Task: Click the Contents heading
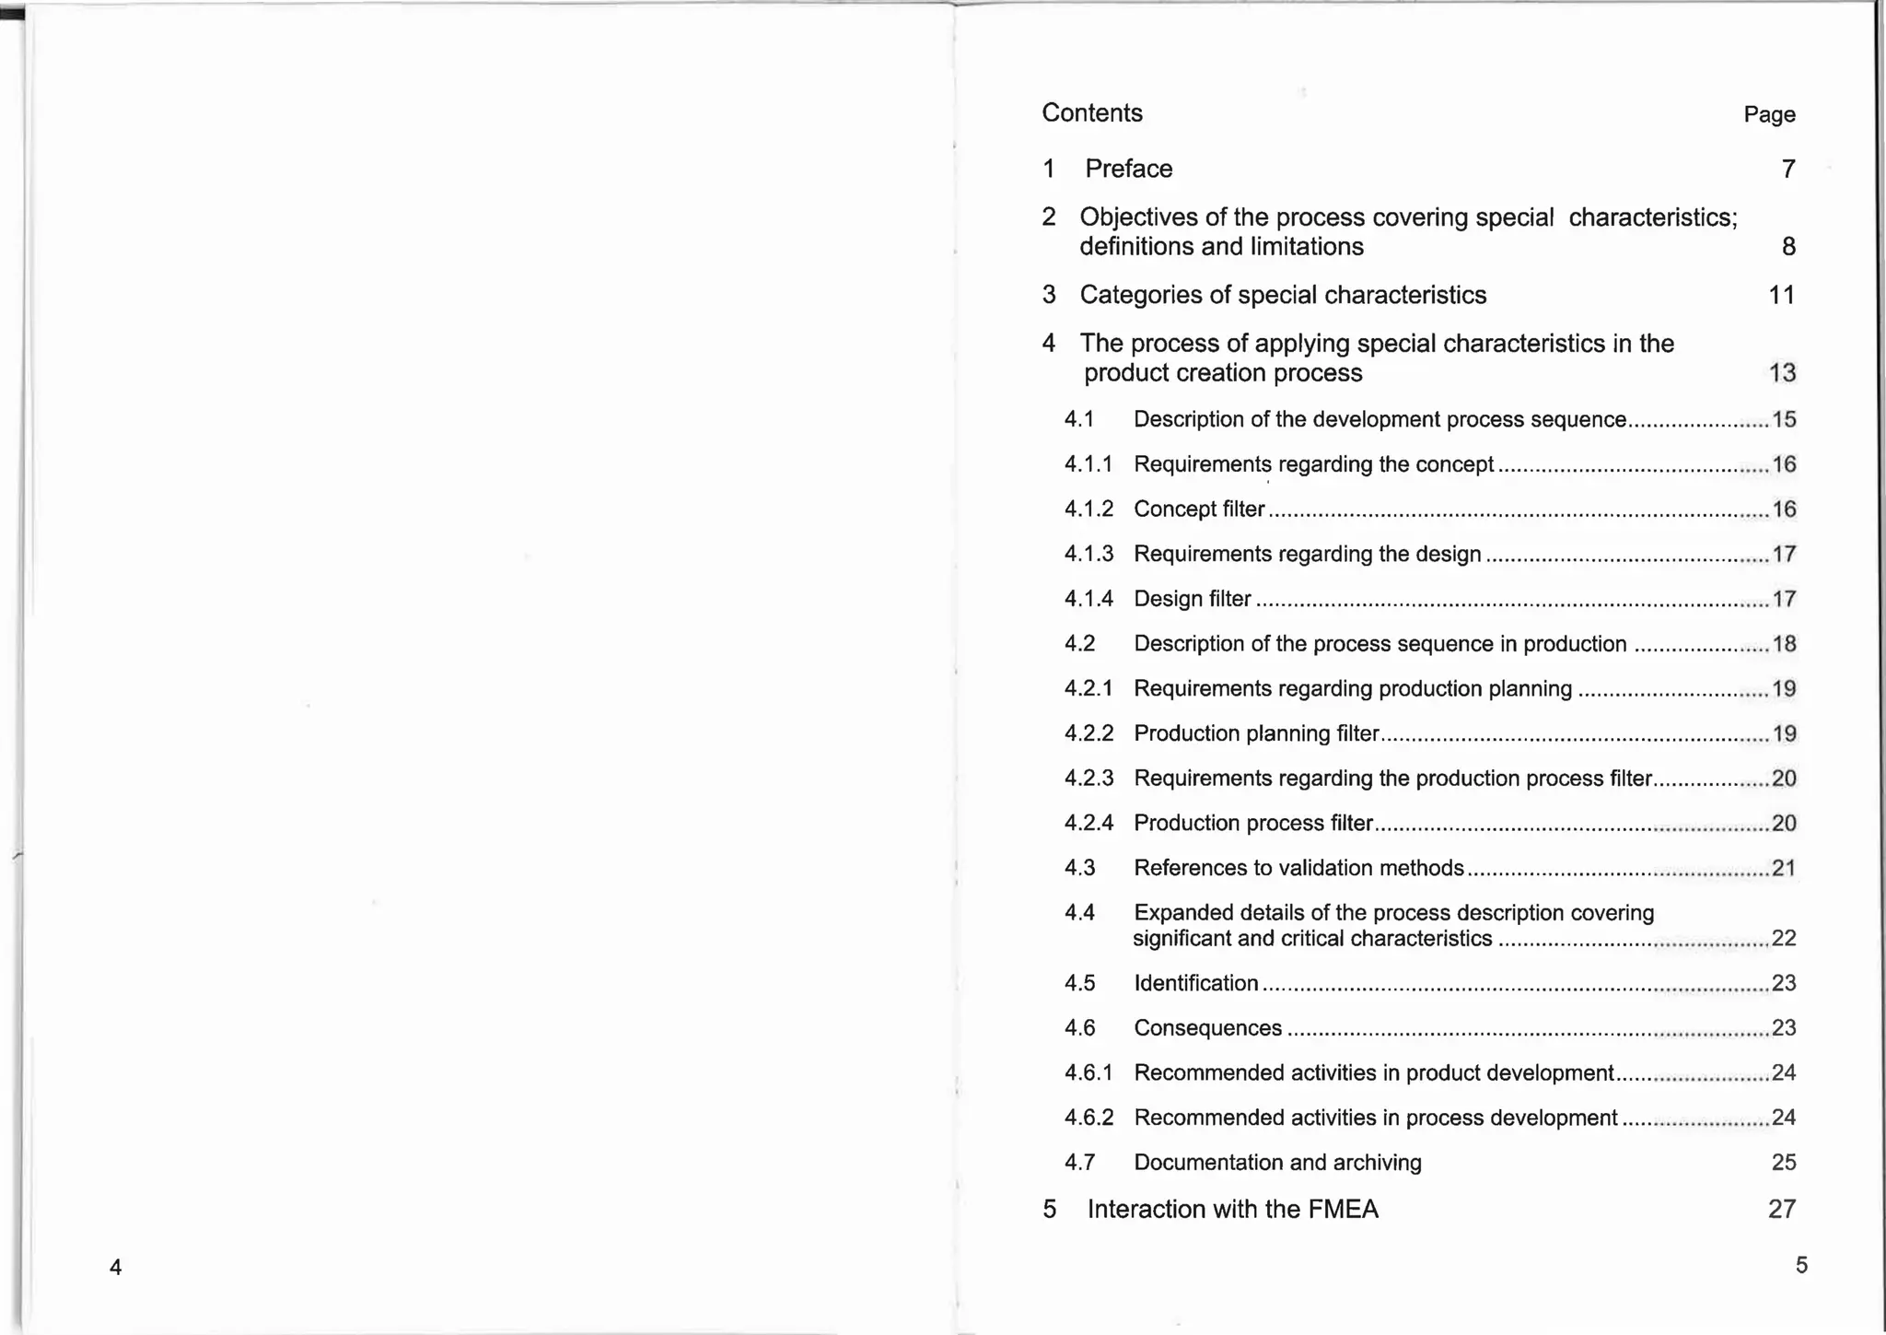tap(1091, 112)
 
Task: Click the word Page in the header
tap(1769, 115)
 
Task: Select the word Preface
tap(1128, 169)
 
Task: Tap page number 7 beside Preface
tap(1787, 169)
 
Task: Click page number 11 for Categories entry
tap(1782, 295)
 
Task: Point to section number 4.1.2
tap(1089, 509)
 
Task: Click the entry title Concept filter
tap(1198, 509)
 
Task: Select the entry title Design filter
tap(1192, 599)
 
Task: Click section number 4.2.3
tap(1089, 779)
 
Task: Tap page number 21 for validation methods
tap(1784, 868)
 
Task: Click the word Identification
tap(1195, 983)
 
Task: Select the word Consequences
tap(1207, 1028)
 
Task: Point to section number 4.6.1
tap(1089, 1073)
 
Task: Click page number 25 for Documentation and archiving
tap(1784, 1163)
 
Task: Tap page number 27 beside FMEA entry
tap(1782, 1210)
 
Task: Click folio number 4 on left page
tap(115, 1268)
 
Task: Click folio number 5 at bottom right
tap(1801, 1265)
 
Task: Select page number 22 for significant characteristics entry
tap(1784, 939)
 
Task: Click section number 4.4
tap(1079, 913)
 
